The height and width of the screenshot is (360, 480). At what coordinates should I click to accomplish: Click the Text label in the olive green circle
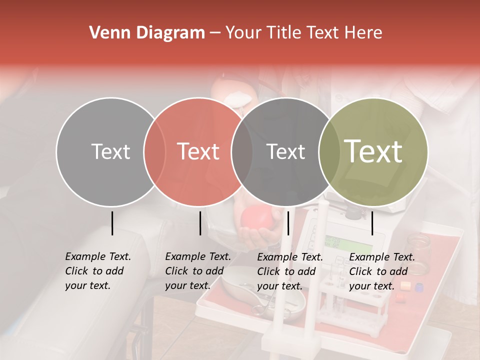pos(373,151)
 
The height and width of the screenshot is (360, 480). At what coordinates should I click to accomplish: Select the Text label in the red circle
pos(198,151)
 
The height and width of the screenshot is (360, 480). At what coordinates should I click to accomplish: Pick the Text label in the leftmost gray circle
pos(110,151)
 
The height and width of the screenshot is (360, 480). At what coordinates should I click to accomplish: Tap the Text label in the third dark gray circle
pos(285,151)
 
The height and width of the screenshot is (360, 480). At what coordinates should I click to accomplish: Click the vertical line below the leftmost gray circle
pos(112,223)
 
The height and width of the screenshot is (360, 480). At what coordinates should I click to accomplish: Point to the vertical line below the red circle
pos(200,223)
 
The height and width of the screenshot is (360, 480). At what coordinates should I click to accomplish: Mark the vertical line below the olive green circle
pos(372,223)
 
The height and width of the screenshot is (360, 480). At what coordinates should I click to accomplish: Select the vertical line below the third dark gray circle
pos(288,223)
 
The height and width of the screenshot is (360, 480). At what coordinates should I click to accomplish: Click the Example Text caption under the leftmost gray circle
pos(97,271)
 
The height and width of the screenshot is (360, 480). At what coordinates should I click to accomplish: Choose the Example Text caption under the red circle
pos(197,271)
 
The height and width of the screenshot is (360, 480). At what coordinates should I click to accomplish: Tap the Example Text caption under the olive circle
pos(381,271)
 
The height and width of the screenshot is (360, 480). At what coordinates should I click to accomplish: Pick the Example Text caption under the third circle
pos(289,271)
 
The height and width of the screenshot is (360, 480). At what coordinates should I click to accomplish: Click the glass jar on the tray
pos(417,248)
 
